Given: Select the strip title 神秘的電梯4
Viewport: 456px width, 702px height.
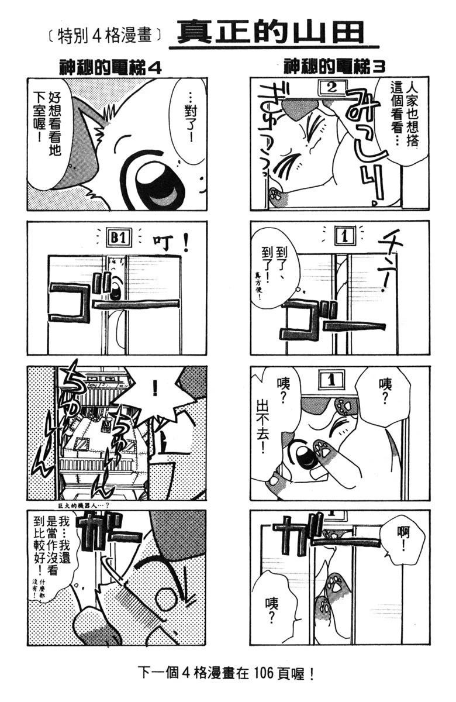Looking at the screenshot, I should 110,67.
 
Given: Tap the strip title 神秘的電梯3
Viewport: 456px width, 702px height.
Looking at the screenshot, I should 334,67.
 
